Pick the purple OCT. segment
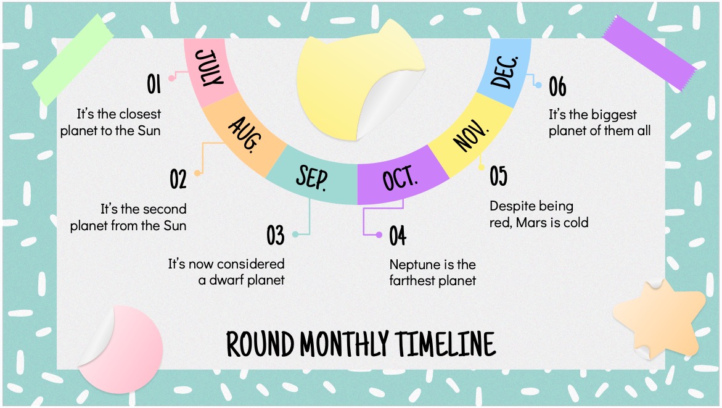(x=401, y=180)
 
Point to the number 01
(x=154, y=84)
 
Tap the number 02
(x=178, y=179)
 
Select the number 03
(x=276, y=235)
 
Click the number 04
(x=398, y=236)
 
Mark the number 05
(x=498, y=176)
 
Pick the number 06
(x=557, y=87)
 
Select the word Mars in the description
(x=531, y=222)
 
